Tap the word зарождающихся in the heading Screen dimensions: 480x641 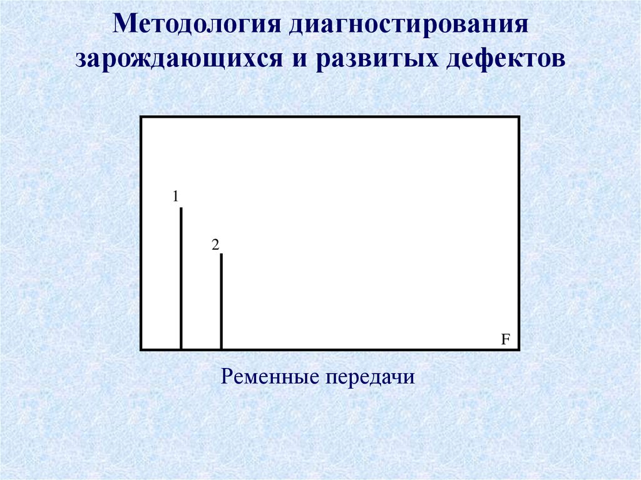[x=183, y=60]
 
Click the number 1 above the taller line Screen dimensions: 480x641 [x=176, y=197]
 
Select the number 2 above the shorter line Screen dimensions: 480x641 [x=215, y=245]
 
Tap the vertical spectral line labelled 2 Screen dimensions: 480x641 [x=221, y=300]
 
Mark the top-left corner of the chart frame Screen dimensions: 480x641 [x=141, y=117]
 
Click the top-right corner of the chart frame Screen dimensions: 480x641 [x=519, y=117]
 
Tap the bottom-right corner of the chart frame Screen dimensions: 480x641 [x=519, y=349]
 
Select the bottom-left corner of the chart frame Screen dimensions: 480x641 [x=141, y=349]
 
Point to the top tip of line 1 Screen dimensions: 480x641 [x=181, y=208]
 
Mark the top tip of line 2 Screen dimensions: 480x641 [x=221, y=254]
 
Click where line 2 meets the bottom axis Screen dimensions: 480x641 [x=221, y=349]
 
